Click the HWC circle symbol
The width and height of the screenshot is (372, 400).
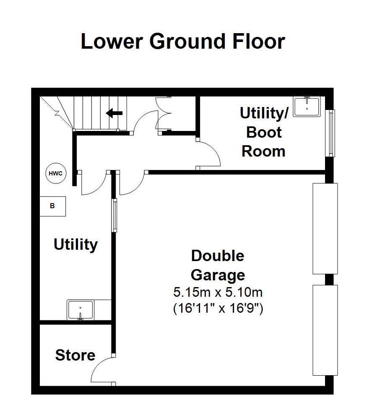tap(56, 173)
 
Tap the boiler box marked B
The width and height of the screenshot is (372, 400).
tap(53, 206)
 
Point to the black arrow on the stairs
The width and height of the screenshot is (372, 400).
tap(114, 113)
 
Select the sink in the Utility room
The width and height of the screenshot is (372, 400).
tap(81, 310)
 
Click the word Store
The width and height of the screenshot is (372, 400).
tap(75, 355)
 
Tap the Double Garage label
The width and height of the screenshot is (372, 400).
tap(218, 265)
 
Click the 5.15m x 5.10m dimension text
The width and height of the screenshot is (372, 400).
tap(218, 292)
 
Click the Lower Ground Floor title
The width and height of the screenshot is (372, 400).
tap(183, 42)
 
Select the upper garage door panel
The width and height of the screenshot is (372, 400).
tap(325, 228)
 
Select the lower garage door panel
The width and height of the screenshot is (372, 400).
tap(325, 330)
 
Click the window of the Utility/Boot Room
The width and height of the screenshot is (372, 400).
tap(331, 133)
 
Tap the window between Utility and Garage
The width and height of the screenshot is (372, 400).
tap(114, 215)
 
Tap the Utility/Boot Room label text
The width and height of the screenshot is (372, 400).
tap(264, 132)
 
